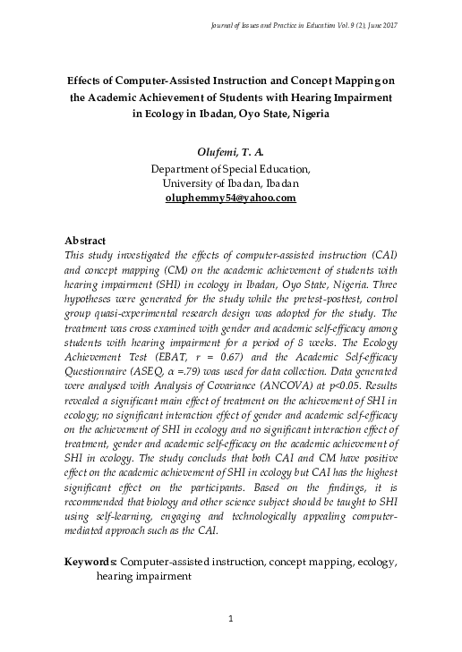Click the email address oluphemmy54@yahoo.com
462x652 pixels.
(230, 198)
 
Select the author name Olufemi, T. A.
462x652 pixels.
(230, 153)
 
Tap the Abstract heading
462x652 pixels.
(87, 241)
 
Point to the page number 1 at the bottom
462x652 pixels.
(230, 620)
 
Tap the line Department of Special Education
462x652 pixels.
(230, 168)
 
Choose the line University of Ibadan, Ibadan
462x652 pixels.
(230, 182)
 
